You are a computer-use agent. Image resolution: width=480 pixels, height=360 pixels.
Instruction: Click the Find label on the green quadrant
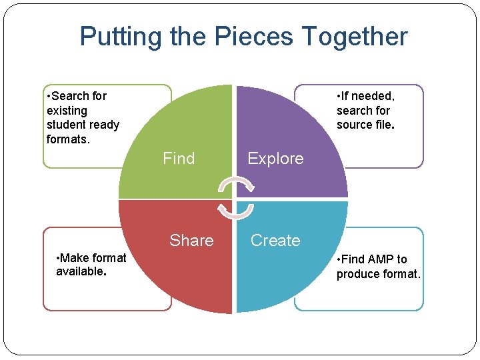click(179, 159)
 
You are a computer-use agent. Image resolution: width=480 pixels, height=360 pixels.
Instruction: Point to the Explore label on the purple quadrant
click(275, 159)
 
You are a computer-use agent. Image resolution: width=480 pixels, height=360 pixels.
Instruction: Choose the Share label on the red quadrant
click(191, 241)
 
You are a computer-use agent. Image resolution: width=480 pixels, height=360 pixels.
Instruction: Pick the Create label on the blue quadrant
click(275, 241)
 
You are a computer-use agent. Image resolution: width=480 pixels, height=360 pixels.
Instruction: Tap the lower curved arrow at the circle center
click(235, 210)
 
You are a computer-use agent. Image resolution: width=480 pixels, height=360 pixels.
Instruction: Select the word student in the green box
click(66, 125)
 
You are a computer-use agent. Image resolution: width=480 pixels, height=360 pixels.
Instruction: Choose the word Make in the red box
click(77, 258)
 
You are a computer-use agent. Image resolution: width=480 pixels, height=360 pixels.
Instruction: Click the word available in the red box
click(79, 272)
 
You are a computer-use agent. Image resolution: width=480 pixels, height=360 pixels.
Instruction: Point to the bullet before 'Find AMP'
click(339, 259)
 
